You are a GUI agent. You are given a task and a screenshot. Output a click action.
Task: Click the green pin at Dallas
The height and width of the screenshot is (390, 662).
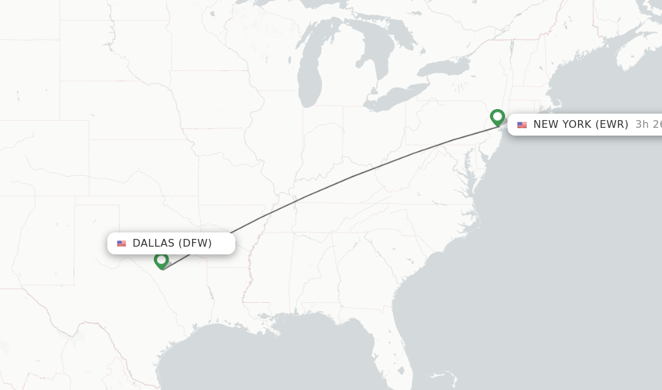pos(161,260)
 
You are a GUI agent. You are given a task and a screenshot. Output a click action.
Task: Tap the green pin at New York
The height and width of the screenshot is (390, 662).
pos(497,117)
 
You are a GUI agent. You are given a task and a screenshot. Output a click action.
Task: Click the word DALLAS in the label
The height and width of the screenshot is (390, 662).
pos(153,243)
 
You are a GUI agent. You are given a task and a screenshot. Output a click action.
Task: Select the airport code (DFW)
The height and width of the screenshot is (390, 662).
pos(195,243)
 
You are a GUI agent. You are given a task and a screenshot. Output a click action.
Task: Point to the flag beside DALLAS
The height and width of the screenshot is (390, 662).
pos(122,243)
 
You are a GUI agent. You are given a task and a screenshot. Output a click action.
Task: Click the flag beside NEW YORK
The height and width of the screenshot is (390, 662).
pos(522,125)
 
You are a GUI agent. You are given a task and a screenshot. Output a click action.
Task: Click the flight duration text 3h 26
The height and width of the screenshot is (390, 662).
pos(648,125)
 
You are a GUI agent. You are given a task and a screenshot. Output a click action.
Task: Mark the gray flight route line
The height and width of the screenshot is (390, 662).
pos(352,176)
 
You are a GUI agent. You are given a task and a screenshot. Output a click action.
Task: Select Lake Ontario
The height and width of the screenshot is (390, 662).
pos(443,67)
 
